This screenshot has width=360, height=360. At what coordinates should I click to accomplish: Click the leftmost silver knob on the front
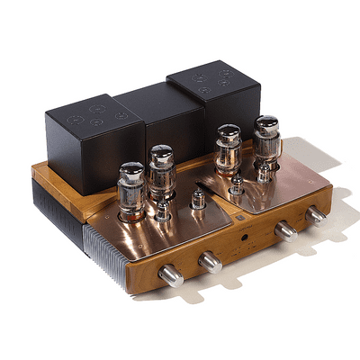(x=170, y=275)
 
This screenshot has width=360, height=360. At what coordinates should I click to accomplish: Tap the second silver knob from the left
(x=210, y=261)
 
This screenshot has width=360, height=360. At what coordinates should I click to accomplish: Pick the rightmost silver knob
(x=315, y=215)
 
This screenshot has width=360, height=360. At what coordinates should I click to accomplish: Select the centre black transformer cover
(x=157, y=117)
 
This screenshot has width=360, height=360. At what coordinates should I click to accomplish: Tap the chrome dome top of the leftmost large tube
(x=131, y=168)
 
